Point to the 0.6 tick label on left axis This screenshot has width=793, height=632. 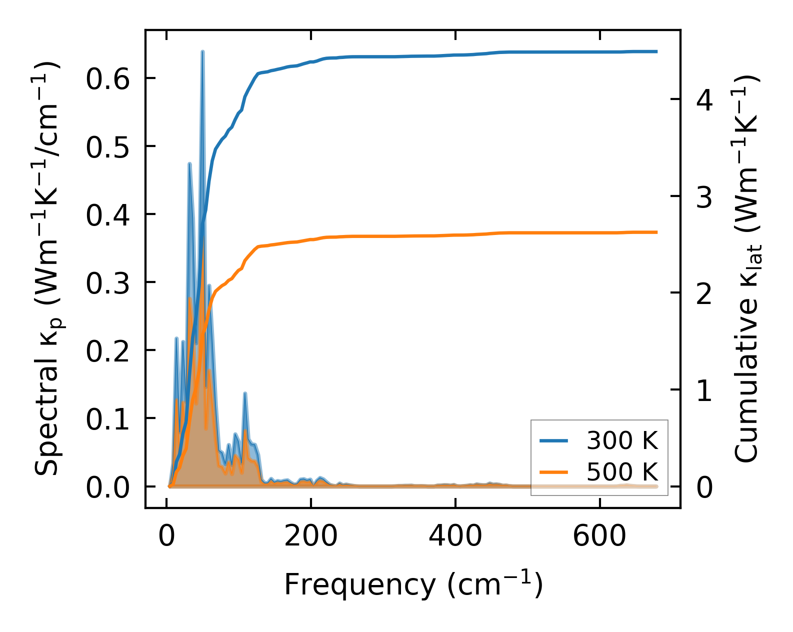click(108, 79)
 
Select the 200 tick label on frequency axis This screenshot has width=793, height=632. click(310, 537)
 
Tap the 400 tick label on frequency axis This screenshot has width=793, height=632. click(455, 537)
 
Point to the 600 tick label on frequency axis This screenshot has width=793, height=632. click(599, 537)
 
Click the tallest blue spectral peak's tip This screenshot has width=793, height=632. click(202, 51)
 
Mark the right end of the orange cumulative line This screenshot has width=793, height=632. click(656, 232)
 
